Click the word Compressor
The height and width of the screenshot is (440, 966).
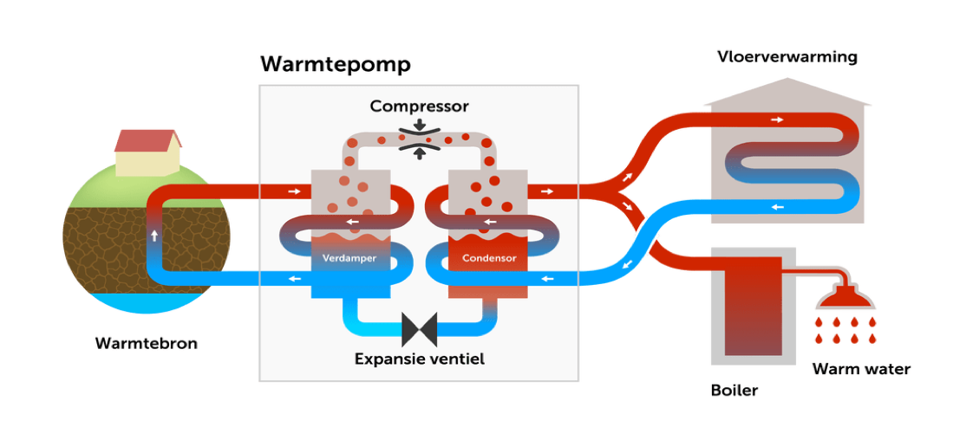(x=419, y=107)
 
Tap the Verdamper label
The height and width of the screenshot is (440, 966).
(x=344, y=258)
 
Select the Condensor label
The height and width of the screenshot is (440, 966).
(x=489, y=258)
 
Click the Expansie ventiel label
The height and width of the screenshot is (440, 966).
(x=419, y=358)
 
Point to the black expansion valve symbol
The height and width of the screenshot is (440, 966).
(x=419, y=329)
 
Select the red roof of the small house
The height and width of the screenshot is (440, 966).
(x=147, y=139)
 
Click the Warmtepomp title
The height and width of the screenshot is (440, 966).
(x=335, y=65)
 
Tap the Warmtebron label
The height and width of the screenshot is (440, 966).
(x=146, y=344)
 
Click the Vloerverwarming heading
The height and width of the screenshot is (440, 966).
(x=787, y=58)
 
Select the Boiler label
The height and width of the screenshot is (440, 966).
(x=734, y=390)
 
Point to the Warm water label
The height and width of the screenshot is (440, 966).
(x=860, y=370)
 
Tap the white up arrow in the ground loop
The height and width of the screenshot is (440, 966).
(x=154, y=236)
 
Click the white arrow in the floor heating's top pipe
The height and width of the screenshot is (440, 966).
(x=777, y=120)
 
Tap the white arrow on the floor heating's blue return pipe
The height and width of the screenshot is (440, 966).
(x=777, y=207)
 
